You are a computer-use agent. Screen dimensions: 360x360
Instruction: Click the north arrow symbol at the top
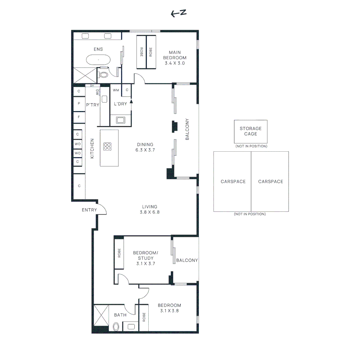179,13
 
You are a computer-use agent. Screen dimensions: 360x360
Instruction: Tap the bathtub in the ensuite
98,60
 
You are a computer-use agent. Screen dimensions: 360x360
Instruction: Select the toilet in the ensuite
103,75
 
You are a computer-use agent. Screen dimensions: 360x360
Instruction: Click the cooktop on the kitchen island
107,146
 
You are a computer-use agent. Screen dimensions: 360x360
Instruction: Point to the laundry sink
121,120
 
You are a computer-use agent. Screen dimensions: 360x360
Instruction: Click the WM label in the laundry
116,90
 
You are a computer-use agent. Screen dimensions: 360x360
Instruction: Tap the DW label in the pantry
97,92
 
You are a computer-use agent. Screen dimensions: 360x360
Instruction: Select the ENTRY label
89,210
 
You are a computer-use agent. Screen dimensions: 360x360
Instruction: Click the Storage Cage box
251,132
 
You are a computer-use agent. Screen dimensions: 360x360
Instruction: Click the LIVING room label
150,207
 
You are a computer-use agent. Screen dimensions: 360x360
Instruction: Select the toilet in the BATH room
116,327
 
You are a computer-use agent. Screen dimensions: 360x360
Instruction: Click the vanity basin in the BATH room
131,326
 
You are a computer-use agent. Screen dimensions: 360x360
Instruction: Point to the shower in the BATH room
101,315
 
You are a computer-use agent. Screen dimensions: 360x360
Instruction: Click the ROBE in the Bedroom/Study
119,254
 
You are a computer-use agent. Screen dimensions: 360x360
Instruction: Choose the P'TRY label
93,105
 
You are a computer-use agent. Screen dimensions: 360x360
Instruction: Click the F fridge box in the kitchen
79,117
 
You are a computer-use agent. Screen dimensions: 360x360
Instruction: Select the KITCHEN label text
92,149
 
